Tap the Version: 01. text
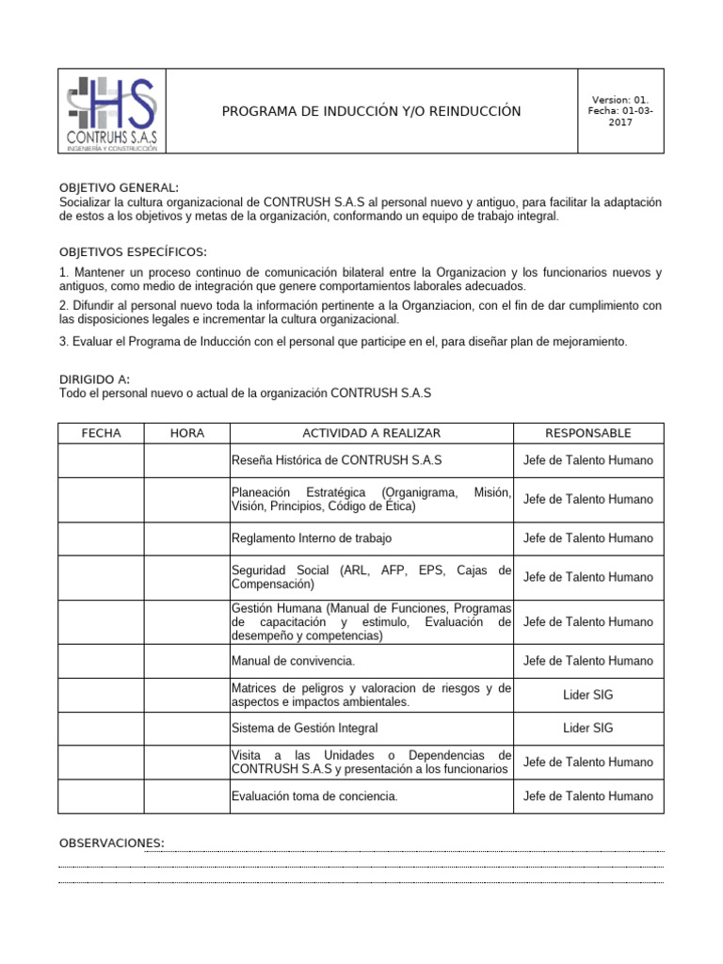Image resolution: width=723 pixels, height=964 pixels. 619,100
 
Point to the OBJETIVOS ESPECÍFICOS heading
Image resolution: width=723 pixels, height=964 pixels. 133,251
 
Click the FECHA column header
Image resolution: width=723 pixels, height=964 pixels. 101,433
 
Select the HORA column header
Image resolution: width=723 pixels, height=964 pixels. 186,433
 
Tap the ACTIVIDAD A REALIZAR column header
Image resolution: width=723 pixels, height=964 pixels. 371,433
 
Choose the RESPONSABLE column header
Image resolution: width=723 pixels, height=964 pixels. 588,433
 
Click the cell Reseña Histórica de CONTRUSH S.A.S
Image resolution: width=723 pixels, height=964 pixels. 336,460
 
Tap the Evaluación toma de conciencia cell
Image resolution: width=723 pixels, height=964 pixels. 314,796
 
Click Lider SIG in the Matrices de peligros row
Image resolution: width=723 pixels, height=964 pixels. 588,695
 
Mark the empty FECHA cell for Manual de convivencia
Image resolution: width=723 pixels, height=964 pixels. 101,661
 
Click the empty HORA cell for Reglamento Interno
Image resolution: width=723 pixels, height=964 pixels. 186,538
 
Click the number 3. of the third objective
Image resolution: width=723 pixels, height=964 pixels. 63,341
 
